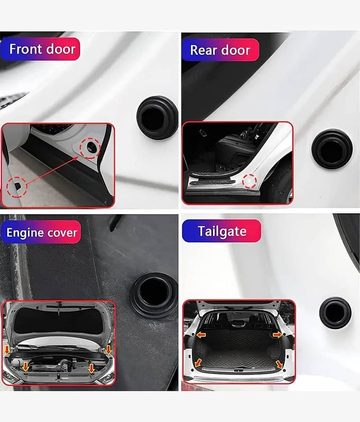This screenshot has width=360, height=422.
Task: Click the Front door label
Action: coord(42,49)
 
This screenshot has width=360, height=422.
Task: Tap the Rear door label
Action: coord(220,50)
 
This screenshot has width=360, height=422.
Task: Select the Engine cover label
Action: coord(42,233)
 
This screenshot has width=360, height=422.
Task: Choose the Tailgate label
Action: coord(222,231)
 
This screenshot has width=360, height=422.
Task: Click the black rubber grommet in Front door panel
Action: coord(157,117)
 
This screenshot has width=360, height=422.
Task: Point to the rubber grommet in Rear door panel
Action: coord(332,149)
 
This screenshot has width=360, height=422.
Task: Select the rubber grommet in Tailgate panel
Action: coord(335,313)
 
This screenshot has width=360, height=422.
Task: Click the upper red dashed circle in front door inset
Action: coord(90,148)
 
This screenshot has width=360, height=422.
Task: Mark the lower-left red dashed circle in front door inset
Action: coord(17,187)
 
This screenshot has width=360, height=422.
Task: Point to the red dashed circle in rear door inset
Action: coord(249,181)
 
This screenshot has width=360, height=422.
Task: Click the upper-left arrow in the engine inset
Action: coord(7,350)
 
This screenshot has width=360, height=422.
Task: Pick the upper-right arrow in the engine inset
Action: coord(109,350)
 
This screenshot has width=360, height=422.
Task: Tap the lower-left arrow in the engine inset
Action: coord(25,366)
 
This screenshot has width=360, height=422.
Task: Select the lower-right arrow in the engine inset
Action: coord(91,368)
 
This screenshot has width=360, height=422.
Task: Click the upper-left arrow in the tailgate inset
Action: coord(201,335)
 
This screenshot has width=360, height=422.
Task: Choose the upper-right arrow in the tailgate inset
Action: coord(277,335)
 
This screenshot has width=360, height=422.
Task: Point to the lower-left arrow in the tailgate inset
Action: coord(198,362)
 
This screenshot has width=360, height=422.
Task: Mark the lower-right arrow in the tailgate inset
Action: coord(279,365)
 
